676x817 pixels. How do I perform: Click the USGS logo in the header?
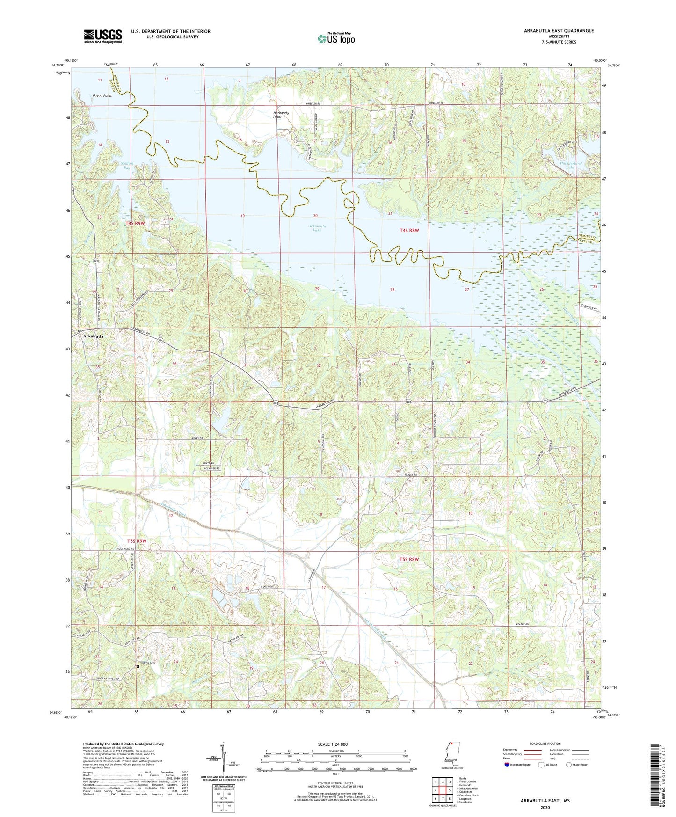point(102,36)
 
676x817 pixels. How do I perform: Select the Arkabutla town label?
point(93,336)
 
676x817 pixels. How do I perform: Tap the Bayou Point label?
point(102,95)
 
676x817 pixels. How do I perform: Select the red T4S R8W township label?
point(409,230)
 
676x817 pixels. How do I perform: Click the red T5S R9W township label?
point(136,541)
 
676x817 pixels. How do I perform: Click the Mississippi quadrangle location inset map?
point(449,754)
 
